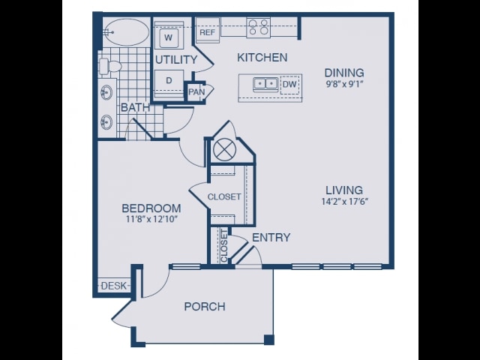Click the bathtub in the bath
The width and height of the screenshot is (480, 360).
pos(125,32)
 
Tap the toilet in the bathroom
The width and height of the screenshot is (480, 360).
pos(110,66)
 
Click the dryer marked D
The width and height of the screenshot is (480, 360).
pos(169,81)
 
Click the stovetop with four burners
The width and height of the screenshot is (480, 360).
pos(259,27)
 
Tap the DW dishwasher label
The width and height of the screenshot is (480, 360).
pos(289,84)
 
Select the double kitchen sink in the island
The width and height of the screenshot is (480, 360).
pos(265,84)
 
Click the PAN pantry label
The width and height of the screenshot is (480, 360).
pos(196,91)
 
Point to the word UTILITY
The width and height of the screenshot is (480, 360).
pos(176,60)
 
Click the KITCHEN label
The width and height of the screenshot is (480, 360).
pos(262,58)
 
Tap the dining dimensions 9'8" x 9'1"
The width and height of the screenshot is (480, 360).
pos(344,84)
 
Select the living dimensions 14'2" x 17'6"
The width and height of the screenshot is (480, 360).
pos(344,202)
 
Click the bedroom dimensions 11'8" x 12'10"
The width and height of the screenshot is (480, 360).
pos(151,219)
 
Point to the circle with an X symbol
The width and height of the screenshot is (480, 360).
pos(223,150)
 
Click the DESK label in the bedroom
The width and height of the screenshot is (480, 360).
pos(113,286)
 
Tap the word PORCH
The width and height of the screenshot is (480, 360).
pos(205,307)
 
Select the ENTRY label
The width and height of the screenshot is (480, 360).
pos(271,238)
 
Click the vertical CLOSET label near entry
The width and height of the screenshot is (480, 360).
pos(224,246)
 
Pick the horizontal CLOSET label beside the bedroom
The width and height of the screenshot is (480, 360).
pos(224,196)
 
